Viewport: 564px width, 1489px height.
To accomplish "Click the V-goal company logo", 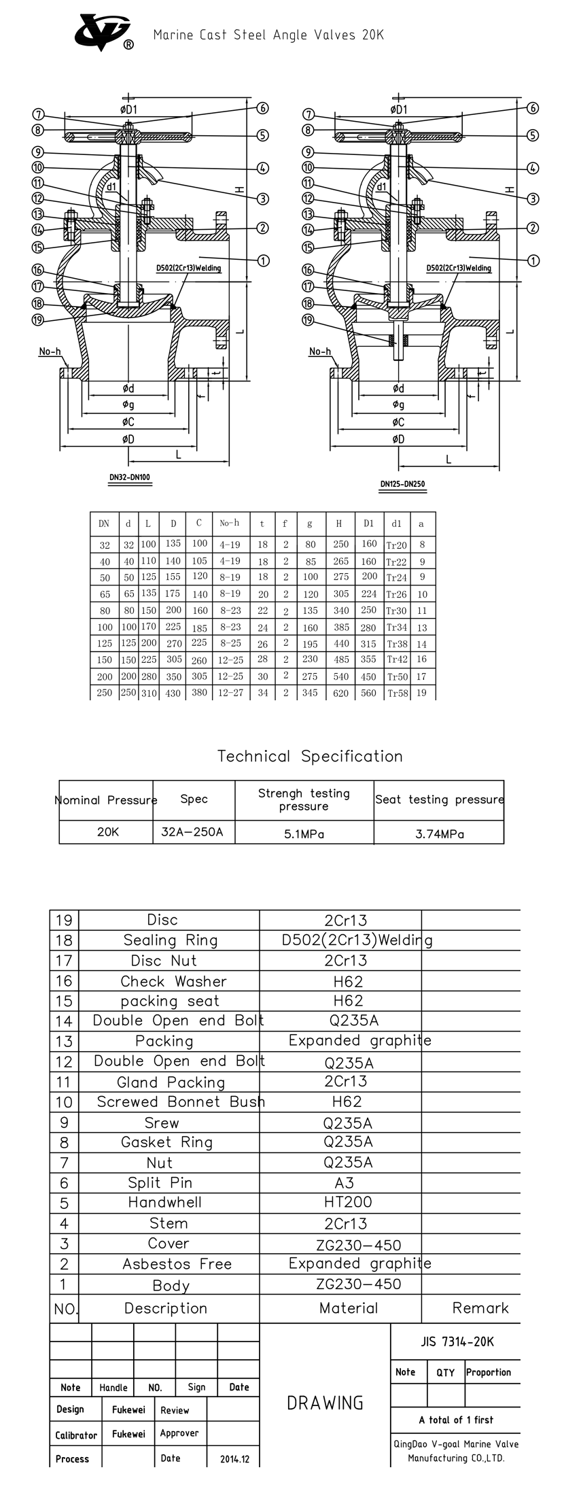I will coord(103,33).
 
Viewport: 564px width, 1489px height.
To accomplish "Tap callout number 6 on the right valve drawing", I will coord(533,108).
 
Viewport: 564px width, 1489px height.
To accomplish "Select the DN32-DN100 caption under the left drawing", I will coord(130,477).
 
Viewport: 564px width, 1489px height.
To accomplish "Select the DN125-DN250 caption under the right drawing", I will coord(403,484).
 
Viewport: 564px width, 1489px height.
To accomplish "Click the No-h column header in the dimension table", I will coord(230,523).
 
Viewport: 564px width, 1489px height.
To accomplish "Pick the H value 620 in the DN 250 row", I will coord(341,693).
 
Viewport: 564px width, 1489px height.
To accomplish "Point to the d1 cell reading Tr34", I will coord(397,627).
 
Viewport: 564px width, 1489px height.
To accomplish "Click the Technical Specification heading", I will coord(310,756).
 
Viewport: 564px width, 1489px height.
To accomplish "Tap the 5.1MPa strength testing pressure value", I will coord(303,834).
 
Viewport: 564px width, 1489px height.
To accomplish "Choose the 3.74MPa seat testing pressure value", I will coord(440,834).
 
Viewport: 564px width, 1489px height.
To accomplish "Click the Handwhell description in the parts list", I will coord(165,1202).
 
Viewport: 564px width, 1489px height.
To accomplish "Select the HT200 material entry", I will coord(348,1202).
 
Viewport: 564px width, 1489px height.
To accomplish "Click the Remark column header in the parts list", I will coord(480,1307).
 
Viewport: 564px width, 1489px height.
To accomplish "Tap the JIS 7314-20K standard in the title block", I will coord(457,1341).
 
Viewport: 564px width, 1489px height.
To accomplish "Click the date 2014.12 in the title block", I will coord(235,1459).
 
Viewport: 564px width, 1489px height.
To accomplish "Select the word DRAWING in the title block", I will coord(325,1403).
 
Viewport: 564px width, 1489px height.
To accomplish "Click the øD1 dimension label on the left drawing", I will coord(129,109).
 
